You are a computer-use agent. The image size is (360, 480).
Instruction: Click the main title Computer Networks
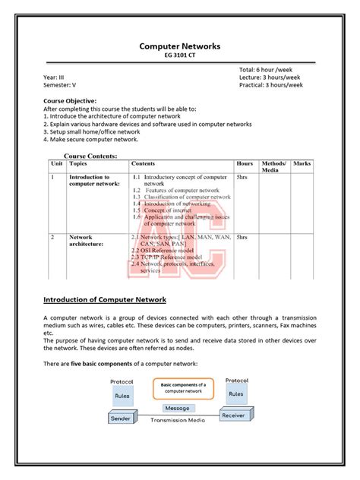pyautogui.click(x=179, y=46)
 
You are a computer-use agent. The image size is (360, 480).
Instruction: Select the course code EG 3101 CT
pyautogui.click(x=179, y=56)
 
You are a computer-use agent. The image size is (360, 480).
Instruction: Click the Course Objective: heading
pyautogui.click(x=70, y=101)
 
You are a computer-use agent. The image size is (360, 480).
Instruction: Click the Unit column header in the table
pyautogui.click(x=57, y=163)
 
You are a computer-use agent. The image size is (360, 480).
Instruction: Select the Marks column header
pyautogui.click(x=302, y=163)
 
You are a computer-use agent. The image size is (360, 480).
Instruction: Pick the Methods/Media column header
pyautogui.click(x=273, y=166)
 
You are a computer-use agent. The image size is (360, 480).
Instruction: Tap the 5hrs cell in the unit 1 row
pyautogui.click(x=242, y=177)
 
